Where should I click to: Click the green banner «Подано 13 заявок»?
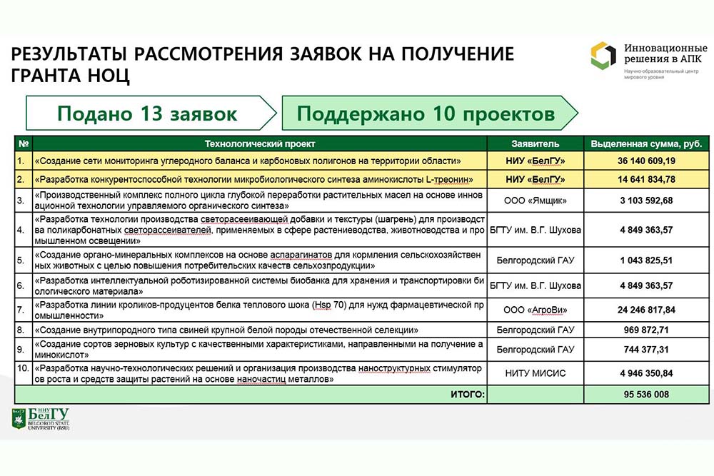coord(147,113)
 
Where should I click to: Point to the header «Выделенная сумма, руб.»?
coord(646,143)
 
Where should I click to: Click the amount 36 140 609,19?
coord(646,161)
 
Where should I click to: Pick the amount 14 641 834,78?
coord(646,178)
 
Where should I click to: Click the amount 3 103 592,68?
coord(646,201)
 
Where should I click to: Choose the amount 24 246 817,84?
coord(646,310)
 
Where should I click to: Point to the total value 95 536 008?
coord(646,394)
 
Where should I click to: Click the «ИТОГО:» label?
coord(467,394)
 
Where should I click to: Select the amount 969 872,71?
coord(646,330)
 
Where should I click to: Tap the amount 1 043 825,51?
coord(646,261)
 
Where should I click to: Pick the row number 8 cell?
coord(24,330)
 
